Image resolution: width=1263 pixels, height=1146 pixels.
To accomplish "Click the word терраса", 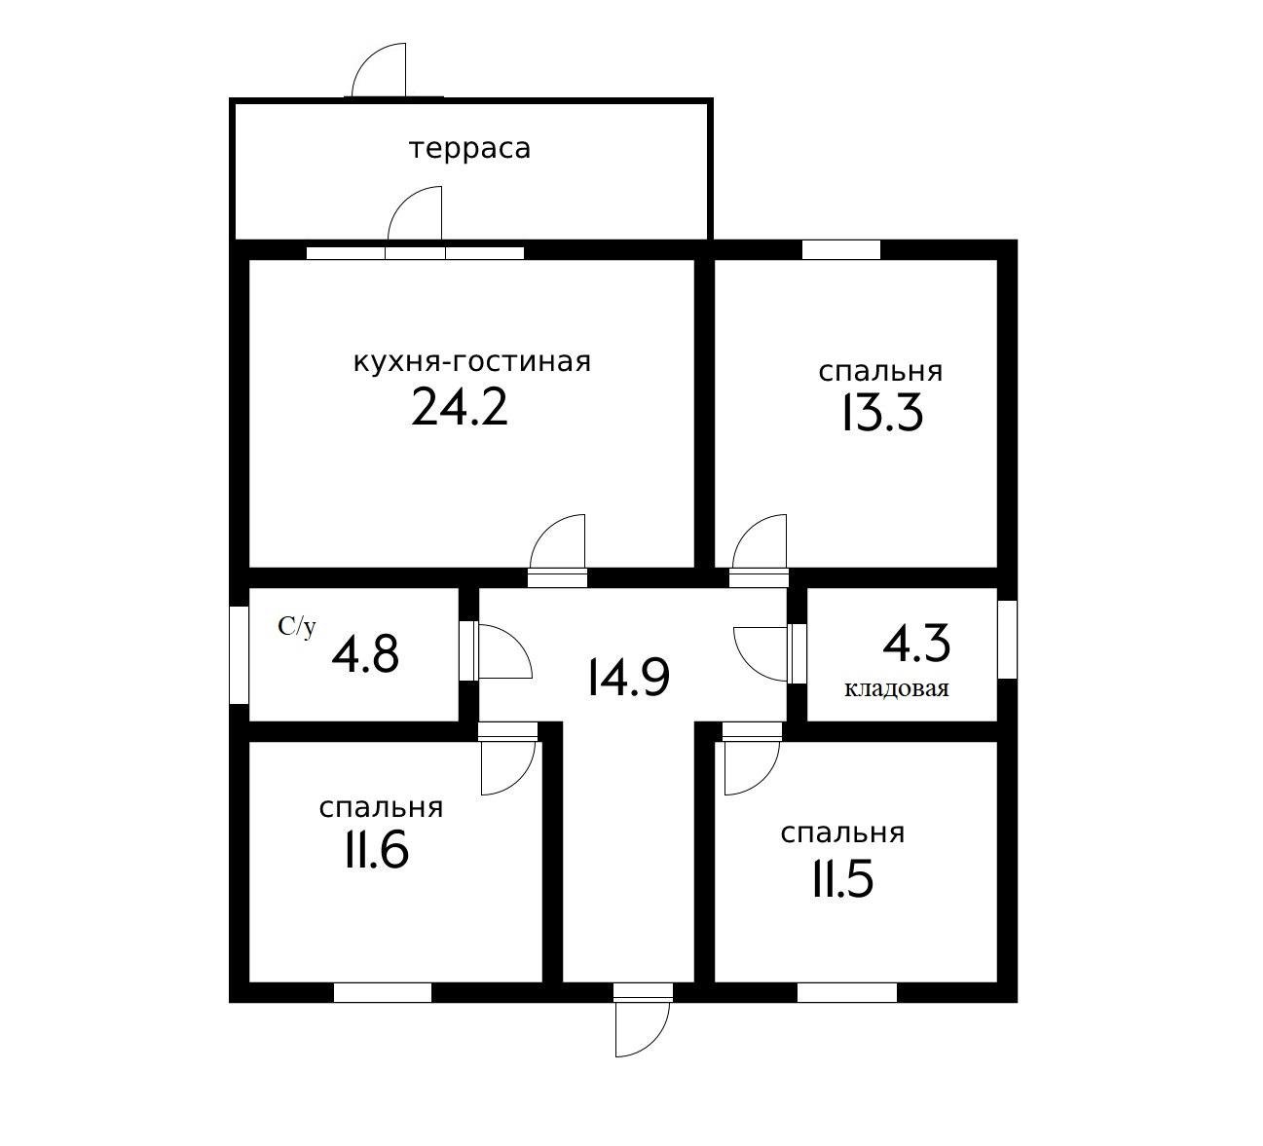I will coord(469,149).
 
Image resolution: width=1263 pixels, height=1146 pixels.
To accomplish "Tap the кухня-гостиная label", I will coord(471,362).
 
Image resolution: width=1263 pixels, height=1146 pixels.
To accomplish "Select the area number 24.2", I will coord(460,407).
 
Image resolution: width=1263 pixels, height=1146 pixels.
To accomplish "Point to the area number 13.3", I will coord(880,415).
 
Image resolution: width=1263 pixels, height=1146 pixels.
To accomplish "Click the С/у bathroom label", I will coord(297,627).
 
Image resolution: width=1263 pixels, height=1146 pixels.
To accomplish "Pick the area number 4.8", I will coord(365,654).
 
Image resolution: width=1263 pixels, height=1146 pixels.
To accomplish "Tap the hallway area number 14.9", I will coord(629,678).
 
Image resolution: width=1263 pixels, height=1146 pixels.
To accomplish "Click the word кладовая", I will coord(896,689).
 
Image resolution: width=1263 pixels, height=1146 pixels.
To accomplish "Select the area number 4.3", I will coord(916,644).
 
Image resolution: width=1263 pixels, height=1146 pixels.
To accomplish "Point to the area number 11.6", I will coord(375,852).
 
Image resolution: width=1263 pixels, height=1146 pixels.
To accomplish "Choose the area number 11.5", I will coord(841,879).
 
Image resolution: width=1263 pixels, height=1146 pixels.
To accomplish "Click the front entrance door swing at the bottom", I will coord(642,1027).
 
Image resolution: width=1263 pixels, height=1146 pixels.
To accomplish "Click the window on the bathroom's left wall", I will coord(239,654).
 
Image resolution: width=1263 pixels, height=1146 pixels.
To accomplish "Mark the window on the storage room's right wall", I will coord(1007,639).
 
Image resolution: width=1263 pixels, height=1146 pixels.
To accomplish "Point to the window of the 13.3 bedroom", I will coord(840,249).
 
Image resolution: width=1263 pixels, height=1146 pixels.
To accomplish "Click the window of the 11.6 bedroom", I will coord(382,992).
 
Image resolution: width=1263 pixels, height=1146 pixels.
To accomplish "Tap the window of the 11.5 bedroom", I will coord(846,992).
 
